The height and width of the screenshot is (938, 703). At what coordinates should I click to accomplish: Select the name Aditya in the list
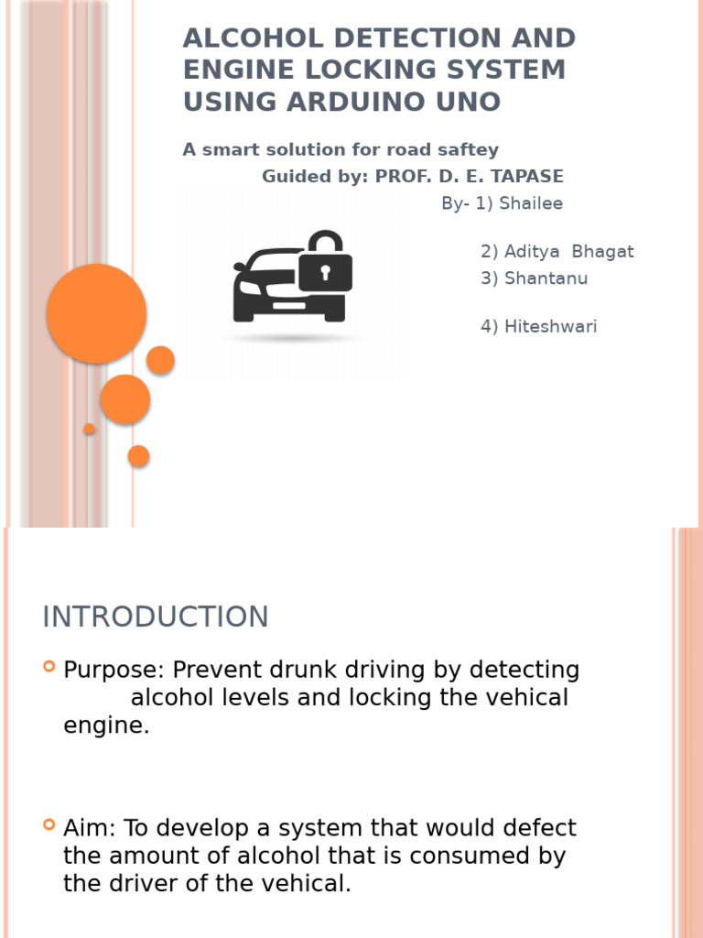(532, 252)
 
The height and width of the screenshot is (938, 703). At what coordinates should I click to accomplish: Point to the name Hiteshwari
(550, 327)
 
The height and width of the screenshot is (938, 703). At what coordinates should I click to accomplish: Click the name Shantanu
(546, 278)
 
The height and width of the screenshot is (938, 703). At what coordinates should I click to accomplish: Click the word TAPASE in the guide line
(526, 177)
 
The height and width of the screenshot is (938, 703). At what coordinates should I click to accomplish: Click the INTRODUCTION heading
(156, 617)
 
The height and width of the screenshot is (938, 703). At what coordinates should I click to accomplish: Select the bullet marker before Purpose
(49, 667)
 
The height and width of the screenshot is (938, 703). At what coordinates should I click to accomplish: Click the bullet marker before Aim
(49, 825)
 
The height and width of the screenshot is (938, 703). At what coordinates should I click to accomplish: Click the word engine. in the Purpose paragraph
(106, 726)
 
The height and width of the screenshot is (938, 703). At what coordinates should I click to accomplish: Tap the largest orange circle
(96, 313)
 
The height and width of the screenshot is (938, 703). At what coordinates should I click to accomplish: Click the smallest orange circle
(90, 429)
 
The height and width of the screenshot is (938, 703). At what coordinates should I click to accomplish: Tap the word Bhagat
(602, 252)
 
